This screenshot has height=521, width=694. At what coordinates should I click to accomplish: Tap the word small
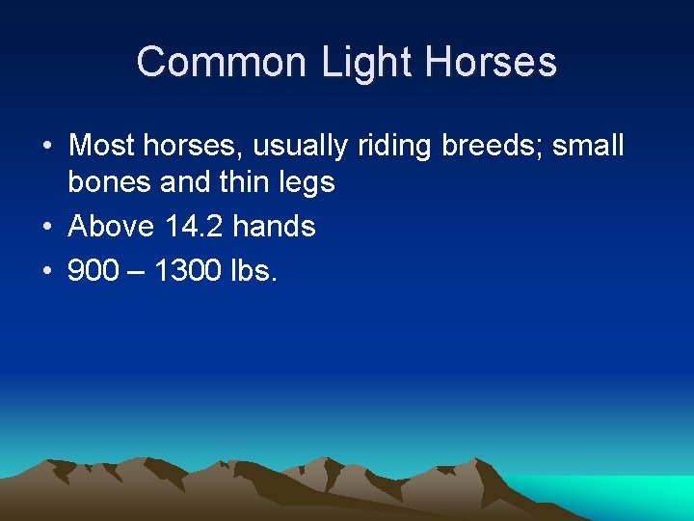point(588,146)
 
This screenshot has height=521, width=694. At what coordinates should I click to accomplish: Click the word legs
point(307,183)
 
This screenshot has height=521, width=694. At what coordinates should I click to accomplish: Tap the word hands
point(275,227)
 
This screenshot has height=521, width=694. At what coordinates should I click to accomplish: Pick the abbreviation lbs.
point(254,271)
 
